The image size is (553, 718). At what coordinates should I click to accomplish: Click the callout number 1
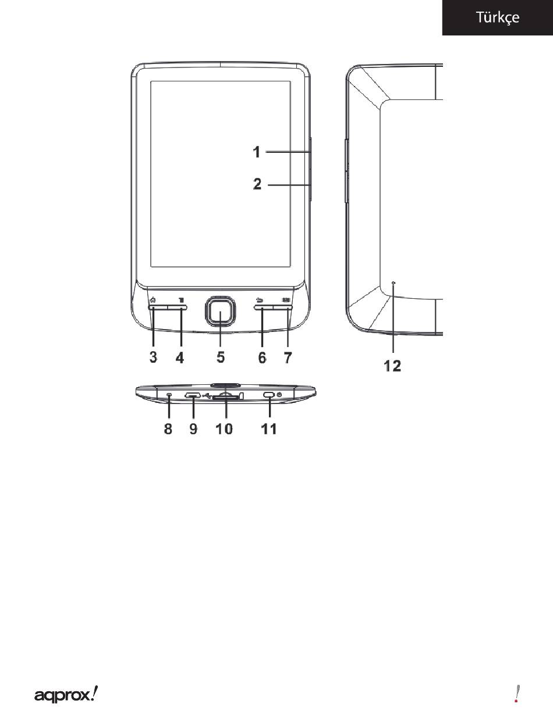coord(256,152)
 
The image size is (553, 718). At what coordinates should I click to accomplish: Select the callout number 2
coord(257,185)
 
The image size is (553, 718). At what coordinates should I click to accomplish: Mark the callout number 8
coord(168,429)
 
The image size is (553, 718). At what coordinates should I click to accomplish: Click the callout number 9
coord(193,429)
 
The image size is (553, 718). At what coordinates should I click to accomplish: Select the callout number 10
coord(224,429)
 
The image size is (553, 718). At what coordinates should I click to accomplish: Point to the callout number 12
coord(393,366)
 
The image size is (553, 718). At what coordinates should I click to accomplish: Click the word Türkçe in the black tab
coord(498,17)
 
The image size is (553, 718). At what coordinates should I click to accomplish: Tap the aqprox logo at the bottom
coord(66,694)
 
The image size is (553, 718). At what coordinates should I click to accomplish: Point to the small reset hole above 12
coord(394,283)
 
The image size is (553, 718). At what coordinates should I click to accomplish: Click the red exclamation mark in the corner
coord(517,694)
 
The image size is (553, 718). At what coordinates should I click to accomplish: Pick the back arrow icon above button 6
coord(260,300)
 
